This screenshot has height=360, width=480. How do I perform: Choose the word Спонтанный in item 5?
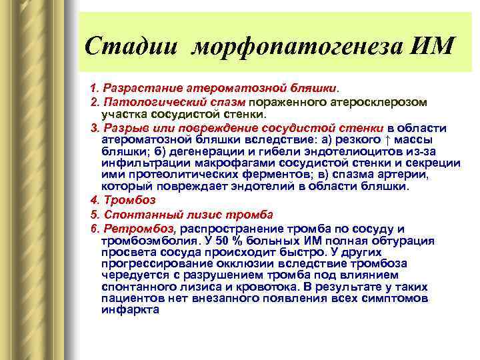tap(139, 214)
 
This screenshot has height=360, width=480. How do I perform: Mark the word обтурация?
tap(405, 240)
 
